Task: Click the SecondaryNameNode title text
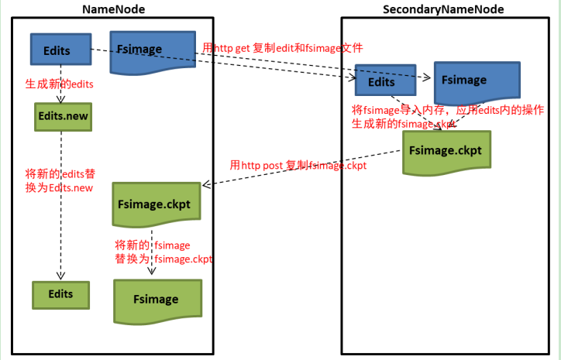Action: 442,9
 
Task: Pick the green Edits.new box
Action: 63,115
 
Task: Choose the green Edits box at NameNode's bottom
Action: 60,294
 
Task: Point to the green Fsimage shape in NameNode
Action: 156,299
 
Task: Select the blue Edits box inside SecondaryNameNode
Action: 381,81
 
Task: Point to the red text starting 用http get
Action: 282,48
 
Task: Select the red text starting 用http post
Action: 298,165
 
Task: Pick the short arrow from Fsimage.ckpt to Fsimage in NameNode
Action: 152,252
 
